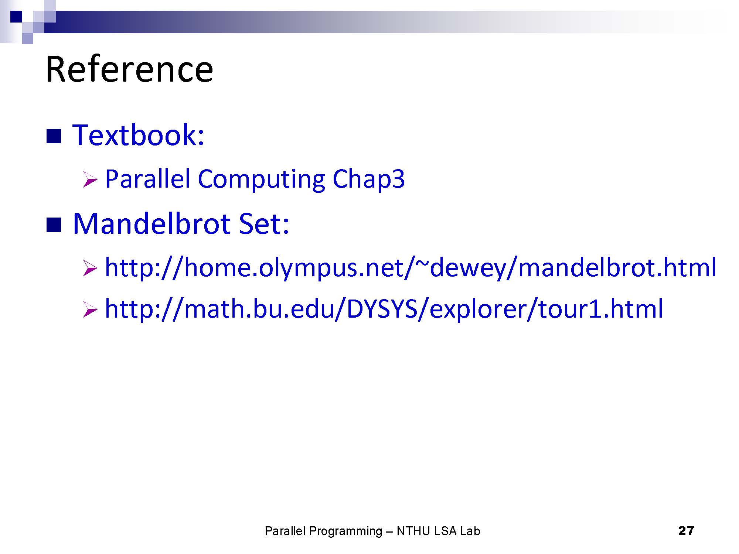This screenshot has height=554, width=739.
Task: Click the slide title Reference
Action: [x=129, y=69]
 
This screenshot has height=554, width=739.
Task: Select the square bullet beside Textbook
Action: [x=54, y=136]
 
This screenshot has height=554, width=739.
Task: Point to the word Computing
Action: [x=262, y=179]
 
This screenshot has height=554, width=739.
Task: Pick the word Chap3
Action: [x=368, y=179]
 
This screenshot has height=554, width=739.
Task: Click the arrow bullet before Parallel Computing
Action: [x=90, y=179]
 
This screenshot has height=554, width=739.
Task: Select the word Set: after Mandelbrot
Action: [x=264, y=224]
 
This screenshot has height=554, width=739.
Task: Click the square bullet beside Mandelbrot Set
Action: [x=54, y=225]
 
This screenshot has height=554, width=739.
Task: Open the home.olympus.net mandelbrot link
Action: [x=411, y=268]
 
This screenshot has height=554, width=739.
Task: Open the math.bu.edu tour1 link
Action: [x=384, y=310]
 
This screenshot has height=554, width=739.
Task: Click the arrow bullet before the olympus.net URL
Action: [x=90, y=268]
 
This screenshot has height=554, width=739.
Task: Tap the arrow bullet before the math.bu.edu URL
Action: [x=90, y=310]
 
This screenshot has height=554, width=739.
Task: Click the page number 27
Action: [x=686, y=531]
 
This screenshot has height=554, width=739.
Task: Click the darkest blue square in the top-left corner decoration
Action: [x=16, y=17]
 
